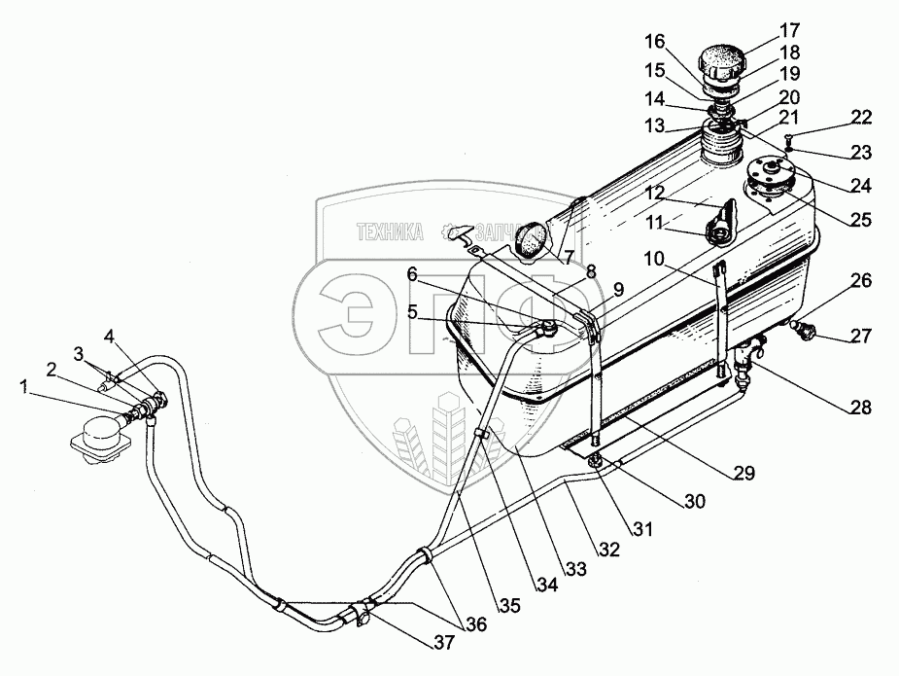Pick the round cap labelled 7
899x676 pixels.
click(532, 238)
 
